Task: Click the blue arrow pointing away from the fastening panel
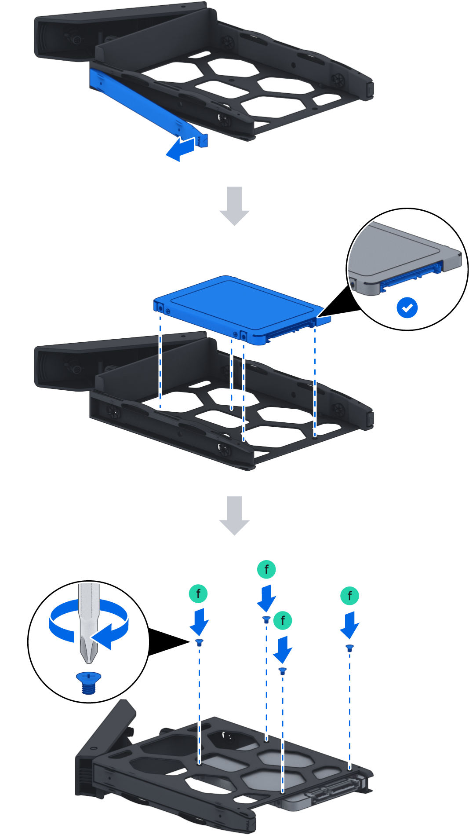179,149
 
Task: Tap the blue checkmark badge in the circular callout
407,308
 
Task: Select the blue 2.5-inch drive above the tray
237,306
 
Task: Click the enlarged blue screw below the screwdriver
88,682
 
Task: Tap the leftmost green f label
198,593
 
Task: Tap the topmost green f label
266,569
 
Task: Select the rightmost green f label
350,596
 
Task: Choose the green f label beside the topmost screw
283,620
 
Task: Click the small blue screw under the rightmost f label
349,648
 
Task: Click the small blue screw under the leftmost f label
199,642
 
